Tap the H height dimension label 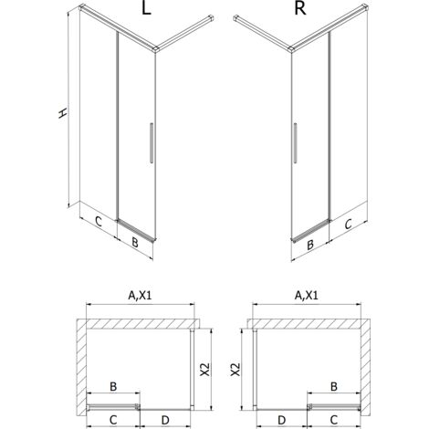62,113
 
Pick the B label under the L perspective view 135,243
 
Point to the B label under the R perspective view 309,244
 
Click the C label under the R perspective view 349,221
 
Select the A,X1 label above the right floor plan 309,295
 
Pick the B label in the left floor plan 113,387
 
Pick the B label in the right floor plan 334,387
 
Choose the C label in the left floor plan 113,418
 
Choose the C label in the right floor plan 333,418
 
